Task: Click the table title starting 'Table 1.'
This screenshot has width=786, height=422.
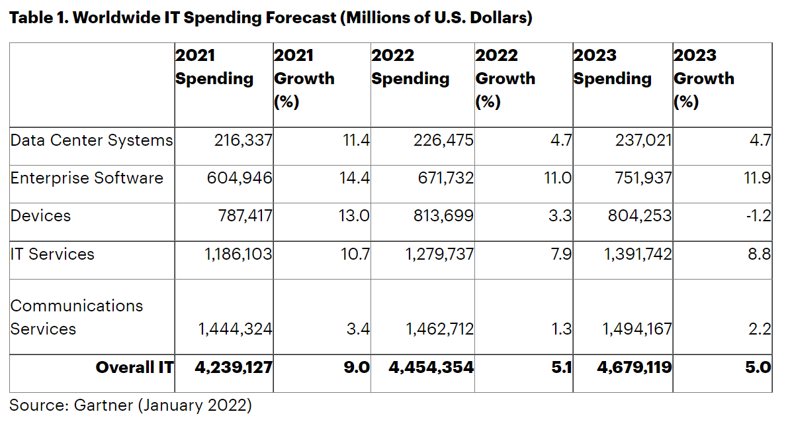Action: coord(271,18)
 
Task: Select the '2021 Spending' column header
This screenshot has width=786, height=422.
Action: coord(214,67)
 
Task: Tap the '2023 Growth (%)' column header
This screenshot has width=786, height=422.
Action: coord(703,79)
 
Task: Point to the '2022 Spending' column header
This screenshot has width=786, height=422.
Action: coord(410,67)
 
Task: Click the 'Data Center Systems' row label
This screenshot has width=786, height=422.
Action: coord(91,140)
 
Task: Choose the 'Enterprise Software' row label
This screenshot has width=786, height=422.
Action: coord(87,178)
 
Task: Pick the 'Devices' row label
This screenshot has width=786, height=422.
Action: coord(40,216)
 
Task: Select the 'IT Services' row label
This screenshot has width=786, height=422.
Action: coord(52,254)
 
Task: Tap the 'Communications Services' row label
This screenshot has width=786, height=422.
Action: coord(77,317)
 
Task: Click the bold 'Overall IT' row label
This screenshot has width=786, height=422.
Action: coord(134,367)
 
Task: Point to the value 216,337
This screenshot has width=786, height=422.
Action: coord(243,140)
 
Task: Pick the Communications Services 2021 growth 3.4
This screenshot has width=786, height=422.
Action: coord(358,329)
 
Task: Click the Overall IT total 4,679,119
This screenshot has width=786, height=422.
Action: coord(634,367)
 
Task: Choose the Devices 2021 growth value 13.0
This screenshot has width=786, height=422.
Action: coord(354,216)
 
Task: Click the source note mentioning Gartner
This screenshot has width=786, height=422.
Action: coord(130,404)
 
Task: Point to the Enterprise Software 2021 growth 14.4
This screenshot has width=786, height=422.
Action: coord(354,178)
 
